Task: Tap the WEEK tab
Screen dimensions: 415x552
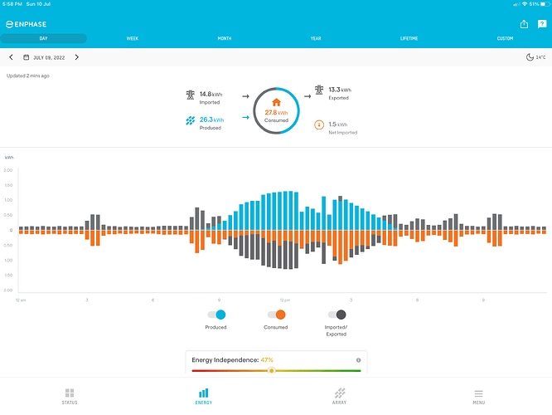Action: [133, 38]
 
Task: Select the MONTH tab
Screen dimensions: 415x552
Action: [225, 38]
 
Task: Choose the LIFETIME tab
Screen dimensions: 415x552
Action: [409, 38]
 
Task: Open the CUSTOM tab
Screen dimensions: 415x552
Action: [505, 38]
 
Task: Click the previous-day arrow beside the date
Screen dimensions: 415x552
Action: [11, 57]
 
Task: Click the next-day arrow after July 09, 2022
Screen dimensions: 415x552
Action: [77, 57]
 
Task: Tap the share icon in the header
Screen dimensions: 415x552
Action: [524, 24]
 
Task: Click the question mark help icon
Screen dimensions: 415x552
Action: [542, 24]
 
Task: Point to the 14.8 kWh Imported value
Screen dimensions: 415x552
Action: [211, 95]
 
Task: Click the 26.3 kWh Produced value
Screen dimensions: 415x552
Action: [211, 120]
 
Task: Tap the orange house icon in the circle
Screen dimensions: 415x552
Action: [276, 102]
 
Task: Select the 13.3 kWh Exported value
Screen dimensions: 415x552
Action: [340, 90]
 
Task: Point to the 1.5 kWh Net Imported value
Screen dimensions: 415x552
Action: [338, 124]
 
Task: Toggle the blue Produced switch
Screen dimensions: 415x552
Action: [215, 315]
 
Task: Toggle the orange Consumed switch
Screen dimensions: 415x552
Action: [276, 315]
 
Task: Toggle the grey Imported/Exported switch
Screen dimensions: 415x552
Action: [337, 315]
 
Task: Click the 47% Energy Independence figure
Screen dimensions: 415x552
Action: [267, 360]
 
